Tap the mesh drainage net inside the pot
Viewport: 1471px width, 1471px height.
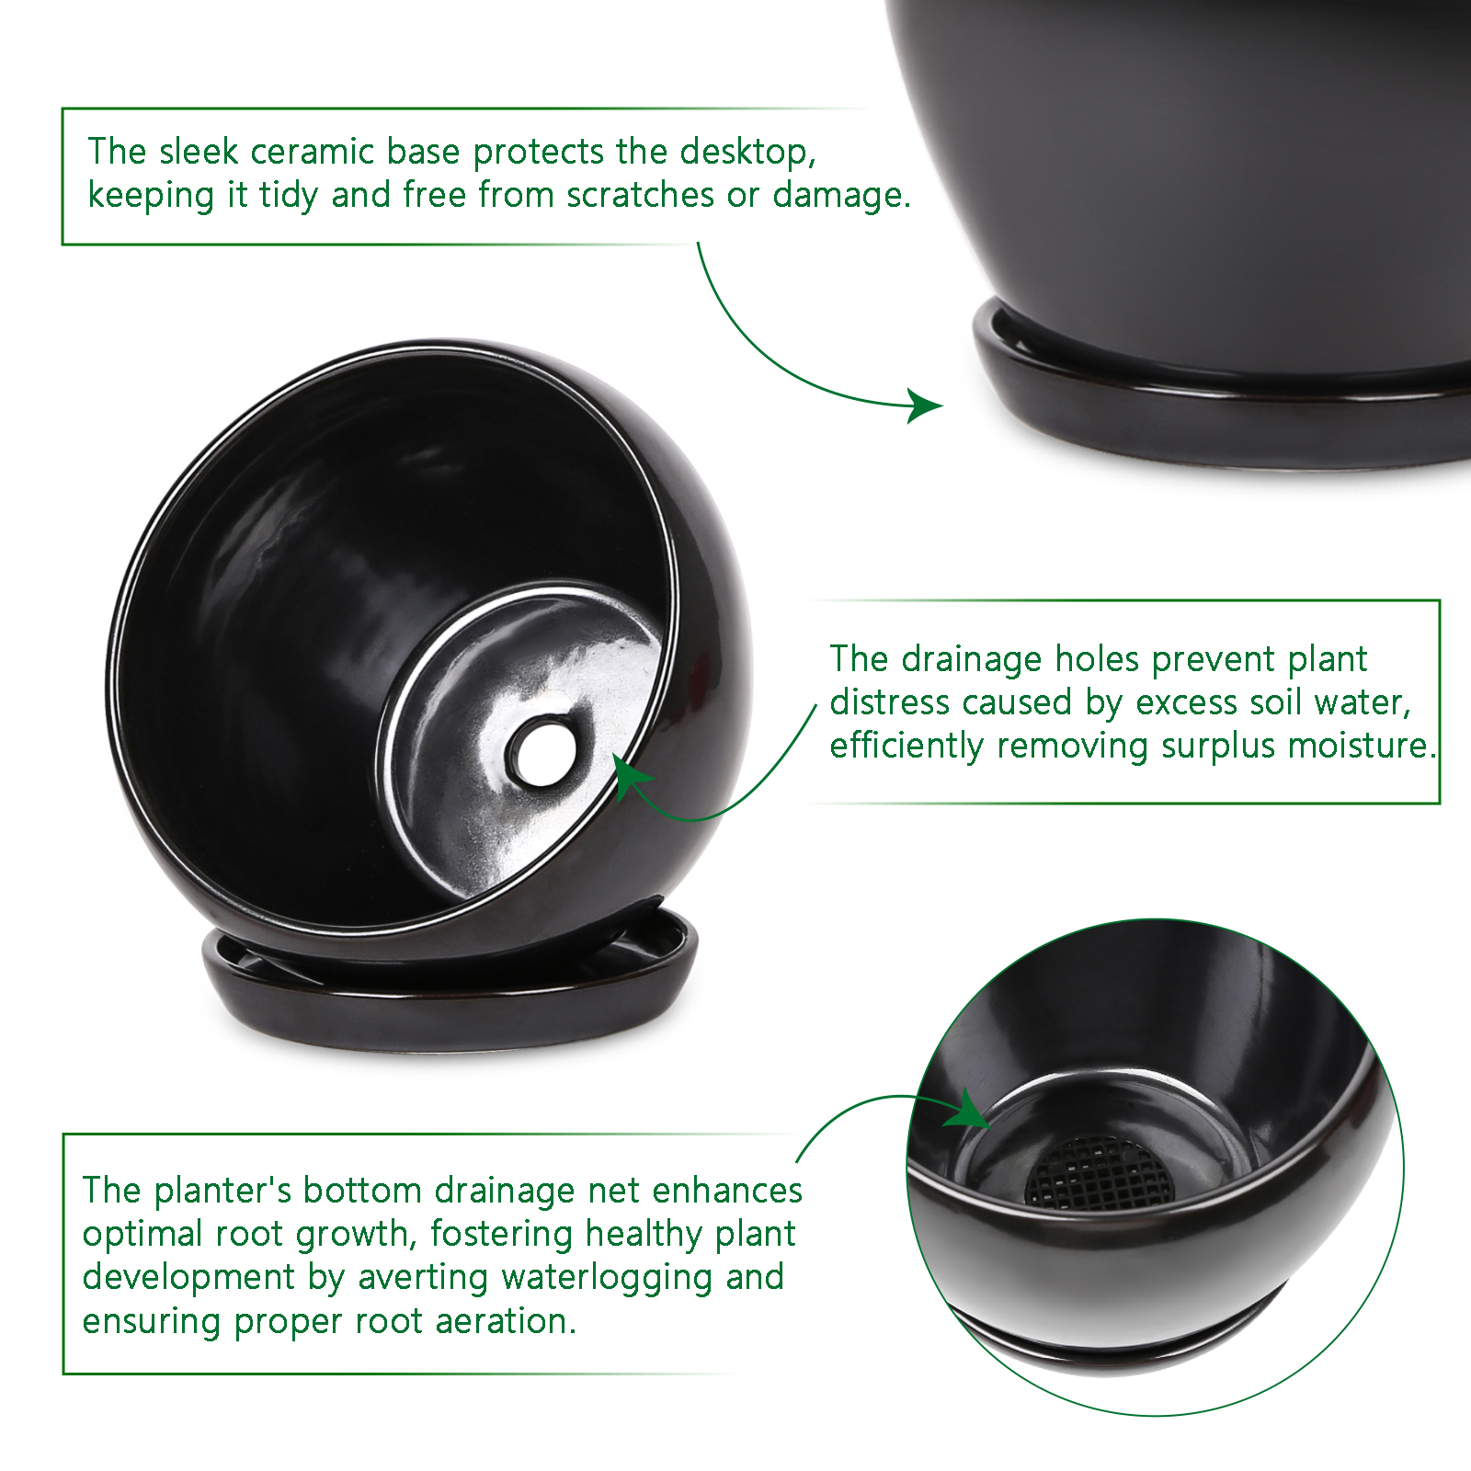click(x=1099, y=1171)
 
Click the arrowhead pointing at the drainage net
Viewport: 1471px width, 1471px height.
click(x=969, y=1111)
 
